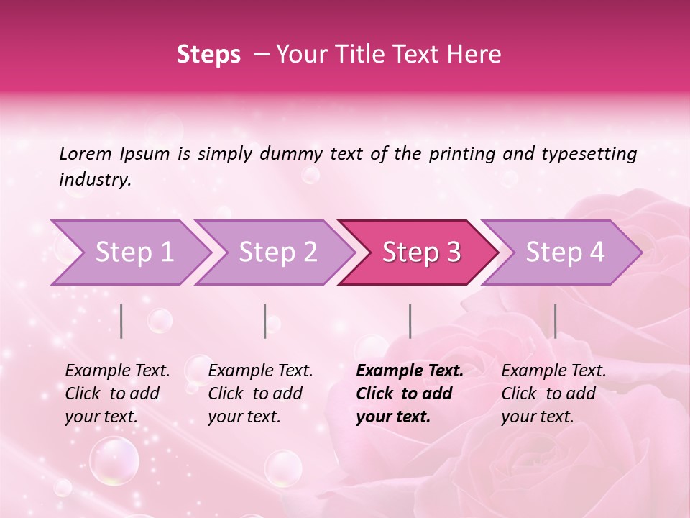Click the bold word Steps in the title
coord(208,55)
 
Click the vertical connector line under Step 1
coord(121,321)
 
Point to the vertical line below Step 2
coord(265,321)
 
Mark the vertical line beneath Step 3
coord(410,321)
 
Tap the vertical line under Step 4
coord(555,321)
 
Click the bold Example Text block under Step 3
coord(409,394)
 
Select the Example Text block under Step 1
coord(117,394)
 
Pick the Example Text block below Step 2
coord(260,394)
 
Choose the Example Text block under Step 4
coord(553,394)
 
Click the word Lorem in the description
coord(86,153)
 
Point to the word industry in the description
coord(95,180)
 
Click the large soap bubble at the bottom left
coord(114,460)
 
